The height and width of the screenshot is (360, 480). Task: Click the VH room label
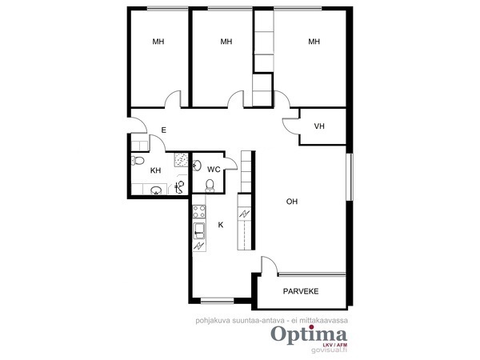(319, 126)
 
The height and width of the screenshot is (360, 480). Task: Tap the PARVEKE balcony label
(301, 291)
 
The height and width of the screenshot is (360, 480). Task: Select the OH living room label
(292, 202)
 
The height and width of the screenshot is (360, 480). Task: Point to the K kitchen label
(221, 225)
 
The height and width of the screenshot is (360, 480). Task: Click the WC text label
(214, 170)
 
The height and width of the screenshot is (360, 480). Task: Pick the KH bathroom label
(155, 170)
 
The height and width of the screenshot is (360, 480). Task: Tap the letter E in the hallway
(164, 130)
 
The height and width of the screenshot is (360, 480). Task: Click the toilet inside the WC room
(210, 186)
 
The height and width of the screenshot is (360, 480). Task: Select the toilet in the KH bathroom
(138, 160)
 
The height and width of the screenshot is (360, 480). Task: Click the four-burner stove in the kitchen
(199, 211)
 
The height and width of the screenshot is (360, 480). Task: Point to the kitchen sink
(199, 231)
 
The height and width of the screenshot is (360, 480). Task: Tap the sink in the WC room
(197, 166)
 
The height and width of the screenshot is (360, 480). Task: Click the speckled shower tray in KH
(181, 159)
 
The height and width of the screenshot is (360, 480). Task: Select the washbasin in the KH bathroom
(156, 190)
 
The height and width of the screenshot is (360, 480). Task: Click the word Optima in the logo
(309, 335)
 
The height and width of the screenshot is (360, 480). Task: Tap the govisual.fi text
(329, 350)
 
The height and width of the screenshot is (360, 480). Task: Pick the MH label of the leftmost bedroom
(158, 42)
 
